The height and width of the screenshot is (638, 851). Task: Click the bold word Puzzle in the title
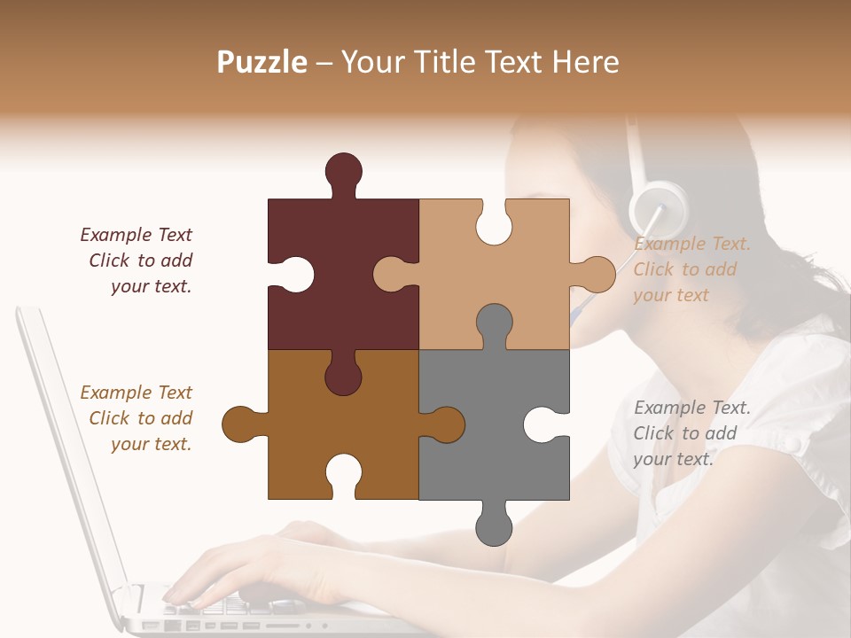tap(262, 62)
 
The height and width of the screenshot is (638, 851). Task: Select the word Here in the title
tap(585, 62)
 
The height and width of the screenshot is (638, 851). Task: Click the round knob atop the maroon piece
tap(343, 171)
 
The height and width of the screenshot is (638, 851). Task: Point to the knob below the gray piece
tap(494, 526)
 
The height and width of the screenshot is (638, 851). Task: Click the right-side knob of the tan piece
tap(596, 274)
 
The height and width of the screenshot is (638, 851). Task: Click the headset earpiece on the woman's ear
tap(657, 207)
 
